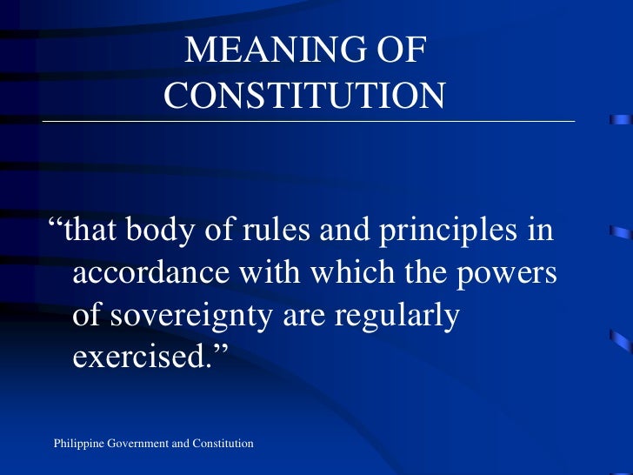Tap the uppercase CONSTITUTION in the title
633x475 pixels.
(304, 96)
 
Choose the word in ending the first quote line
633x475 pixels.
(539, 232)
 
